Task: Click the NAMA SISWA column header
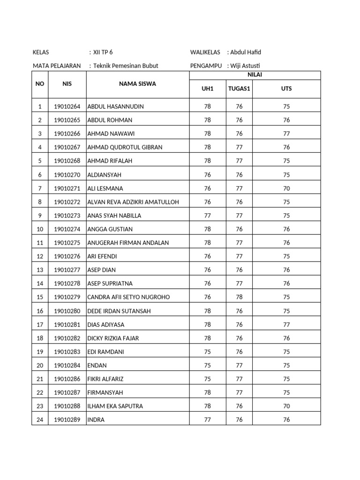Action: (137, 84)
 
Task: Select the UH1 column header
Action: (207, 88)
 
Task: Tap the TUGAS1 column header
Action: (239, 88)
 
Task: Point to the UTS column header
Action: (286, 88)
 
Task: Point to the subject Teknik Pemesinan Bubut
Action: (126, 66)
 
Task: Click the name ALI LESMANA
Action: (105, 188)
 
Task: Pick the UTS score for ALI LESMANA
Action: (286, 188)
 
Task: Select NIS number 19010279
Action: (67, 297)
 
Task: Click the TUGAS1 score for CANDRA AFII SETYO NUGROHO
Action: (239, 297)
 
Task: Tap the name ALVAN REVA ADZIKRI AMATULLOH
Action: (133, 202)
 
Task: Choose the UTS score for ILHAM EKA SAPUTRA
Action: (286, 406)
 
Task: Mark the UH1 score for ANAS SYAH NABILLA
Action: (208, 216)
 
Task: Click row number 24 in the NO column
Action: (40, 420)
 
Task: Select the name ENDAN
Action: (97, 365)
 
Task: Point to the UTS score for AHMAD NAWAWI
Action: (286, 134)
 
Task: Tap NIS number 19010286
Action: (67, 379)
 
